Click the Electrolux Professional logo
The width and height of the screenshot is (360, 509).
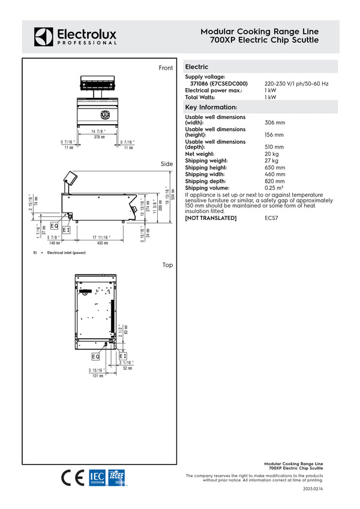pyautogui.click(x=75, y=37)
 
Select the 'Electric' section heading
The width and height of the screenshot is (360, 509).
pyautogui.click(x=197, y=67)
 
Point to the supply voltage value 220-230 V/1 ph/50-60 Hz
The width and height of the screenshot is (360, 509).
pyautogui.click(x=296, y=83)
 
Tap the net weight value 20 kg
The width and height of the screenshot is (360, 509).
pyautogui.click(x=271, y=154)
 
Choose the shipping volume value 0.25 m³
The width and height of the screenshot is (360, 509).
pyautogui.click(x=275, y=188)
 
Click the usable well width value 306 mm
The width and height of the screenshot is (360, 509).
pyautogui.click(x=275, y=122)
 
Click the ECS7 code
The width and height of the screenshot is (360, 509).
pyautogui.click(x=272, y=218)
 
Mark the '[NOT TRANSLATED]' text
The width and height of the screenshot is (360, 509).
pyautogui.click(x=211, y=218)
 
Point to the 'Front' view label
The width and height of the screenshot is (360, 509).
pyautogui.click(x=166, y=68)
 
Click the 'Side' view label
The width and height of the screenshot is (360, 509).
pyautogui.click(x=167, y=164)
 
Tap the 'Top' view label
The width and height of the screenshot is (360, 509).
pyautogui.click(x=167, y=264)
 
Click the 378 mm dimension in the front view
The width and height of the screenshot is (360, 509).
pyautogui.click(x=98, y=137)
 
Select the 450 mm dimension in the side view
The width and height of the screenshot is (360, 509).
pyautogui.click(x=103, y=243)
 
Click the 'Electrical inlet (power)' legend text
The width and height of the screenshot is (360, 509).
pyautogui.click(x=67, y=253)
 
